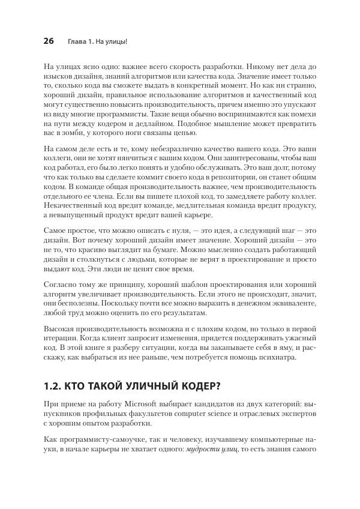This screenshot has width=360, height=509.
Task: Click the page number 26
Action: (x=49, y=41)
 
